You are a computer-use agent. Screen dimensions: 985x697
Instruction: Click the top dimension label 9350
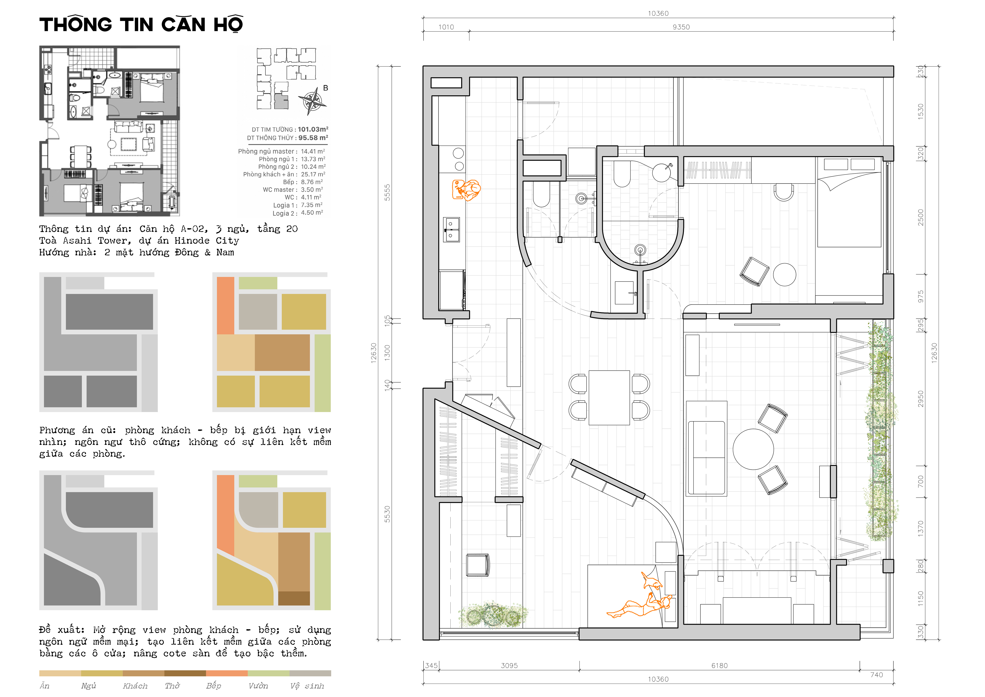pyautogui.click(x=681, y=27)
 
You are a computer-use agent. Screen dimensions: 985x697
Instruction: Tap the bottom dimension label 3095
pyautogui.click(x=509, y=666)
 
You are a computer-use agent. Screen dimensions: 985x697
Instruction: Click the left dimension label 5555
pyautogui.click(x=387, y=192)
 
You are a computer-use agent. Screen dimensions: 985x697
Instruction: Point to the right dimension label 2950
pyautogui.click(x=920, y=399)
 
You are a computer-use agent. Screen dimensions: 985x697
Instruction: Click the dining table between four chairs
pyautogui.click(x=609, y=397)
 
